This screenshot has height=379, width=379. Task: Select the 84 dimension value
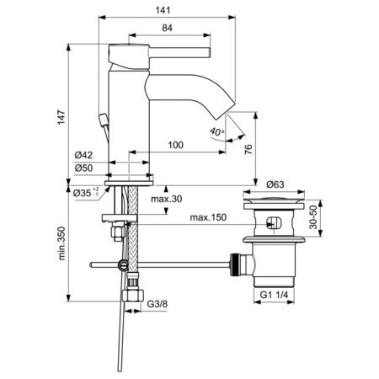click(168, 29)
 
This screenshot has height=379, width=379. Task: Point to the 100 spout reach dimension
click(175, 146)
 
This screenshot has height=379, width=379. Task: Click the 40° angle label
click(216, 132)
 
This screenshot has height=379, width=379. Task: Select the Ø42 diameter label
click(83, 155)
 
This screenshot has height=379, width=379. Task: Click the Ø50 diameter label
click(83, 168)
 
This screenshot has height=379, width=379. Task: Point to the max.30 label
click(168, 200)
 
